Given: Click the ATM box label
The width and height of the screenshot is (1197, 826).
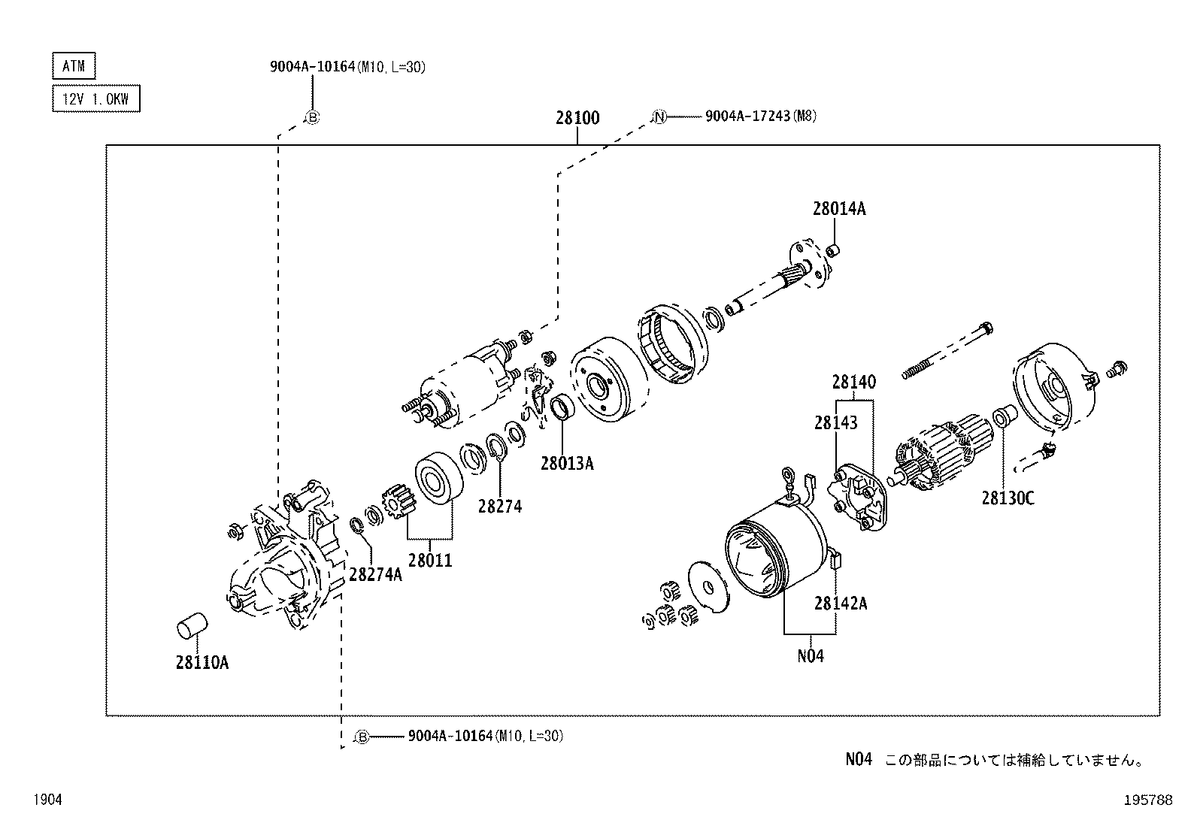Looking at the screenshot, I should tap(74, 66).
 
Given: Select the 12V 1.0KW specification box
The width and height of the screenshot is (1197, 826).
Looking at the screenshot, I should tap(95, 98).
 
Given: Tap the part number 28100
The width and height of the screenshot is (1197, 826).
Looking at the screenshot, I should tap(577, 118).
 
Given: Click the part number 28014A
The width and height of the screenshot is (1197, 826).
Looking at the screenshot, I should tap(838, 209).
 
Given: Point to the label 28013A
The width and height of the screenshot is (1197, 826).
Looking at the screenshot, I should tap(566, 464).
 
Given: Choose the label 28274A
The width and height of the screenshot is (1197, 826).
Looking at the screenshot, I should tap(375, 575).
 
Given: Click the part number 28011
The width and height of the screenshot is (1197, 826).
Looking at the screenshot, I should tap(430, 560).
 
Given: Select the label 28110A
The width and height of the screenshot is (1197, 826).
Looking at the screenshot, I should tap(202, 662).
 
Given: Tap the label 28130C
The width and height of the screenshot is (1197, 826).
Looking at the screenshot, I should tap(1008, 498).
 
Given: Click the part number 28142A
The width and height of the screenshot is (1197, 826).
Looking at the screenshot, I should tap(840, 603).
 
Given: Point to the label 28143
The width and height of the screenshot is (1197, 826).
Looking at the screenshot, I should tap(835, 423).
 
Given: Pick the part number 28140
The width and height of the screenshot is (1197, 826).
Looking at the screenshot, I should tap(853, 382).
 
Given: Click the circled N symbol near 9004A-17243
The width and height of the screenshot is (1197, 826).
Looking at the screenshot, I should tap(659, 116).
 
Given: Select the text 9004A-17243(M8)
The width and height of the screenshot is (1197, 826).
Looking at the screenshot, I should tap(760, 116).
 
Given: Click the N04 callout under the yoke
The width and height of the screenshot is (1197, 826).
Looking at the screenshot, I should tap(810, 656).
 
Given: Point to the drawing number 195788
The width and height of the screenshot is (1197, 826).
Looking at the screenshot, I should tap(1147, 800).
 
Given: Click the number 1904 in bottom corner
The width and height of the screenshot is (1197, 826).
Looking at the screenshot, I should tap(47, 800).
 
